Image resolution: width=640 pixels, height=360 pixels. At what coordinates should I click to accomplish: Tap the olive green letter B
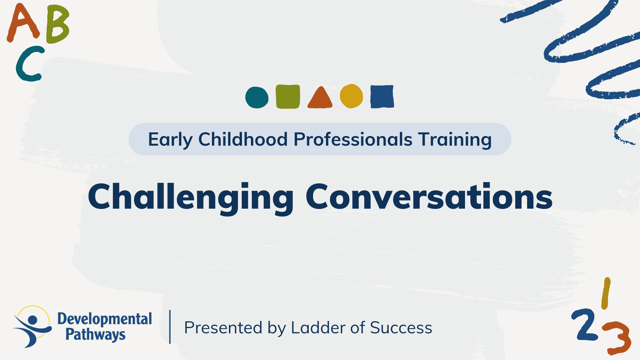tap(57, 24)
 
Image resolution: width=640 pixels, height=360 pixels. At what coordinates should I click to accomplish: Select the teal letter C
tap(28, 64)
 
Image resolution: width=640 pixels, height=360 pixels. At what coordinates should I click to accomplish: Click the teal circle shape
tap(257, 97)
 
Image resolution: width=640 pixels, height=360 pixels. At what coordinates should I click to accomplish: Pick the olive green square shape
tap(288, 97)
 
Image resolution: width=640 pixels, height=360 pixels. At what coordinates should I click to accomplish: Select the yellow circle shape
tap(351, 96)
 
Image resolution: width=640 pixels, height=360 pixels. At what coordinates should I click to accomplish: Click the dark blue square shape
tap(382, 97)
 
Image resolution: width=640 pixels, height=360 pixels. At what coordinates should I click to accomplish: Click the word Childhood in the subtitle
tap(243, 139)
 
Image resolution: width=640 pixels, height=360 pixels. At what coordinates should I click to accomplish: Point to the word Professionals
tap(353, 139)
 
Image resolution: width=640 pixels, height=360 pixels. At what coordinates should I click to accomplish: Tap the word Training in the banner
tap(455, 139)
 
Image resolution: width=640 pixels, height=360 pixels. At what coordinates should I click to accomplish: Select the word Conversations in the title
tap(429, 197)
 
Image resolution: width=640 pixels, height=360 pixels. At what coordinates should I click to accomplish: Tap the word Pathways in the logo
tap(95, 334)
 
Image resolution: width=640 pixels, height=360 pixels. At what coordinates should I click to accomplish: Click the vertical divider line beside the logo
tap(170, 327)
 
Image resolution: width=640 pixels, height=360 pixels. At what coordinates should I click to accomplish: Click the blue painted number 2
tap(584, 325)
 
